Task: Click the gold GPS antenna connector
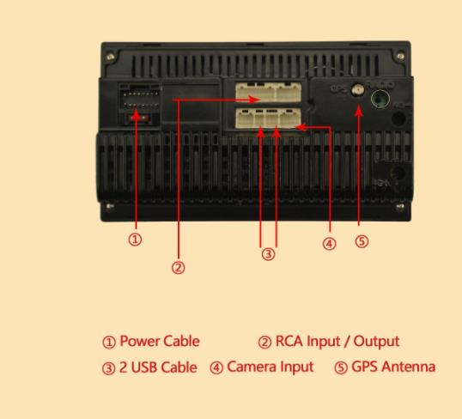pyautogui.click(x=357, y=89)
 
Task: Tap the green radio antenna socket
pyautogui.click(x=380, y=100)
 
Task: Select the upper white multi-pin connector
pyautogui.click(x=268, y=92)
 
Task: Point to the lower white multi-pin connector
pyautogui.click(x=268, y=118)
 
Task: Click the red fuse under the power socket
pyautogui.click(x=138, y=118)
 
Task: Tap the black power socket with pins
pyautogui.click(x=139, y=97)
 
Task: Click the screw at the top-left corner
pyautogui.click(x=111, y=56)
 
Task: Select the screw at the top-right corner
pyautogui.click(x=401, y=56)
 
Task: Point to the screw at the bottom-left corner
pyautogui.click(x=110, y=206)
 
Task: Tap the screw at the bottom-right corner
pyautogui.click(x=400, y=207)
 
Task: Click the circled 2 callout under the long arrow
pyautogui.click(x=179, y=268)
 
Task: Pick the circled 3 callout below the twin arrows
pyautogui.click(x=268, y=254)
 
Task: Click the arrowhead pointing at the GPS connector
pyautogui.click(x=358, y=111)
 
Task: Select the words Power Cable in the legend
pyautogui.click(x=160, y=341)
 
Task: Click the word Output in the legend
pyautogui.click(x=376, y=342)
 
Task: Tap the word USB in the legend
pyautogui.click(x=143, y=367)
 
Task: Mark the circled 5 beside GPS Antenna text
pyautogui.click(x=341, y=367)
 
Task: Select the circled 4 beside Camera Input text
pyautogui.click(x=216, y=367)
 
